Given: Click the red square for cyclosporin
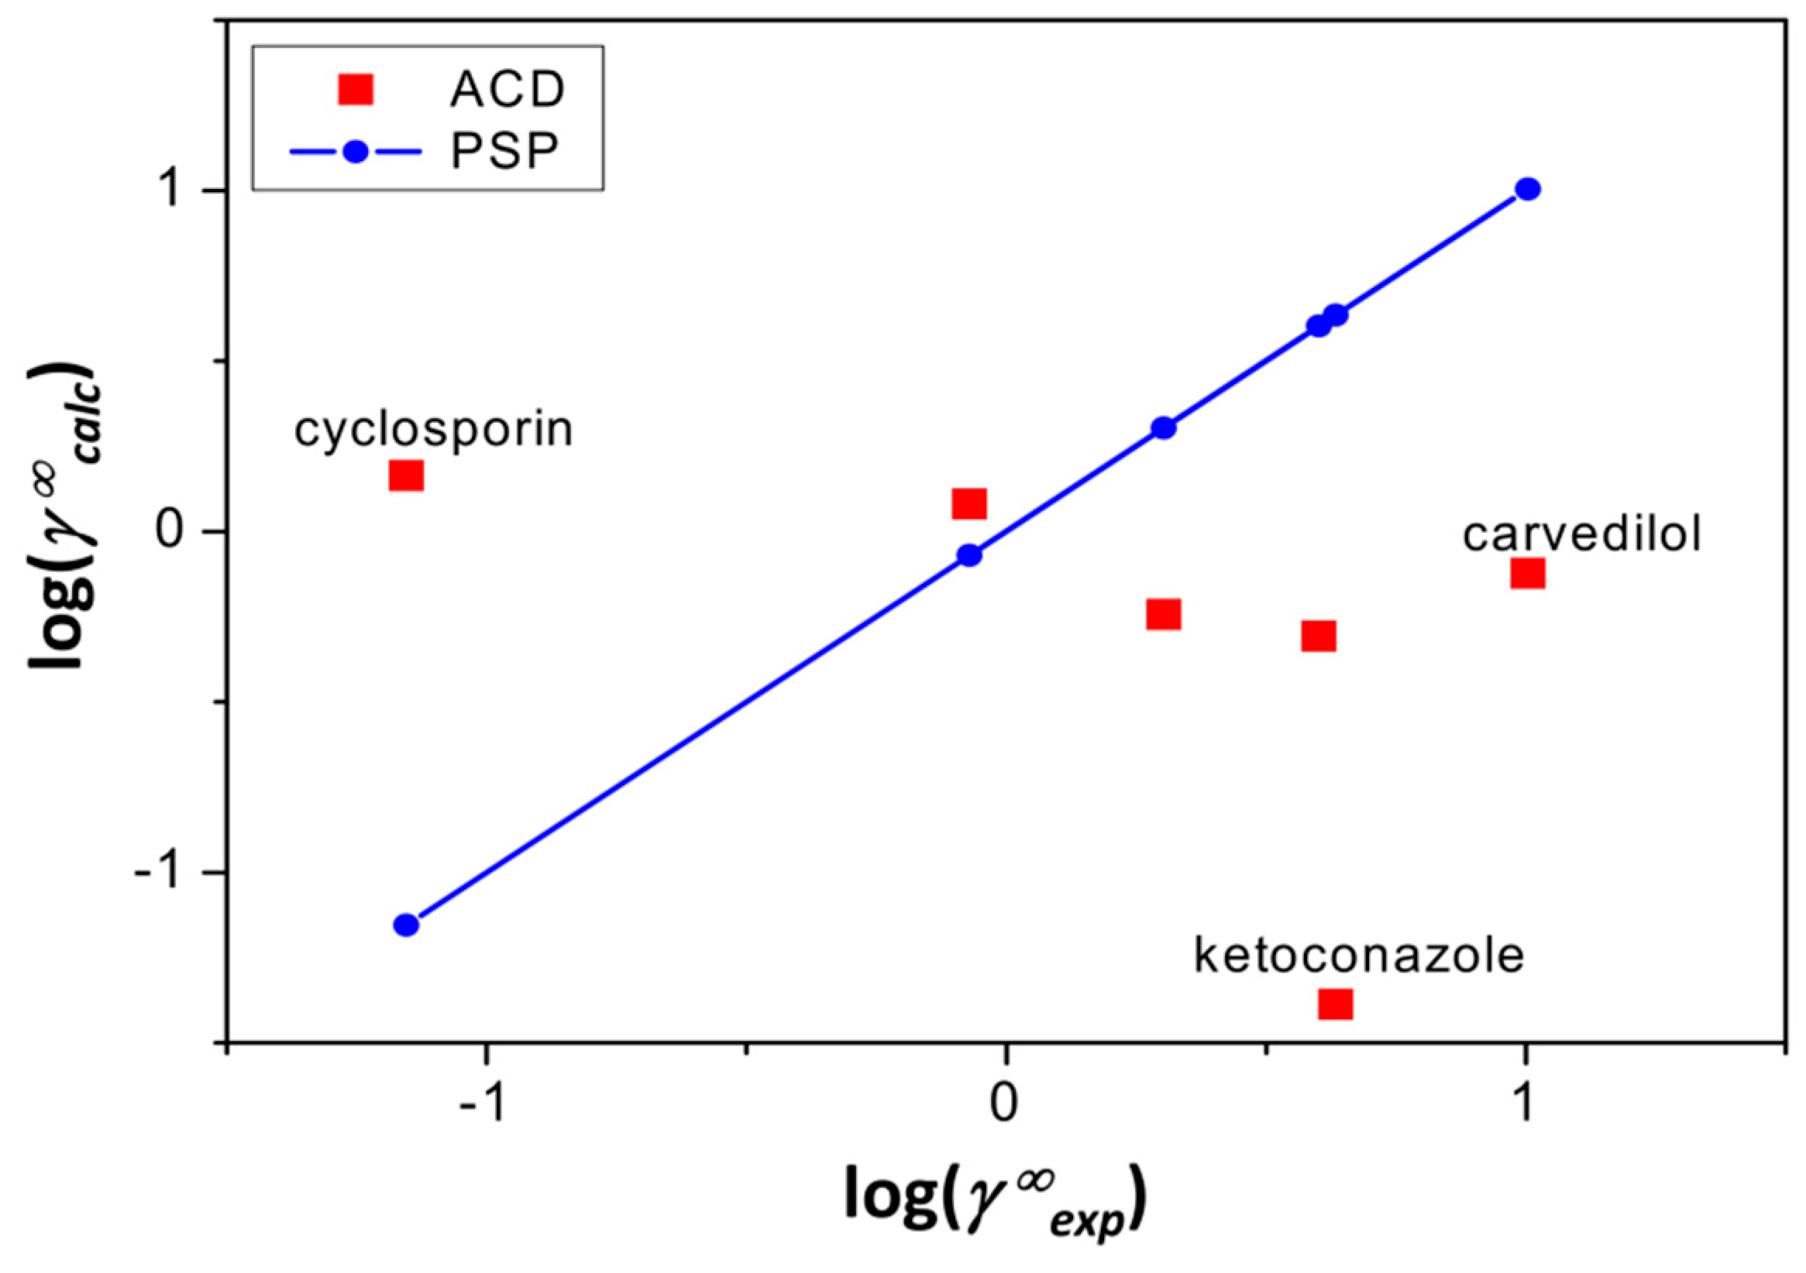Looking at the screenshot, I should tap(406, 475).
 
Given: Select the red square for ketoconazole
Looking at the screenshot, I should tap(1335, 1004).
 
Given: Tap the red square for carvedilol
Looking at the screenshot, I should tap(1528, 573).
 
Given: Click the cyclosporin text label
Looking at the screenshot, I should tap(433, 431).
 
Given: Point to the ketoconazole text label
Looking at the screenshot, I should tap(1359, 956).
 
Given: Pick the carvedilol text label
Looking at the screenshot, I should tap(1582, 535).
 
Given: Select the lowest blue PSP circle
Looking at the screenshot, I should tap(406, 925).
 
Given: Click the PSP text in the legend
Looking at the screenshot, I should tap(504, 152).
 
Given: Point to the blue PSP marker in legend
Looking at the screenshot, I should tap(356, 152).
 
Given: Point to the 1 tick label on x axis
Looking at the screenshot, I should tap(1525, 1105).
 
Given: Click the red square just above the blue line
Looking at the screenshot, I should tap(969, 504).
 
